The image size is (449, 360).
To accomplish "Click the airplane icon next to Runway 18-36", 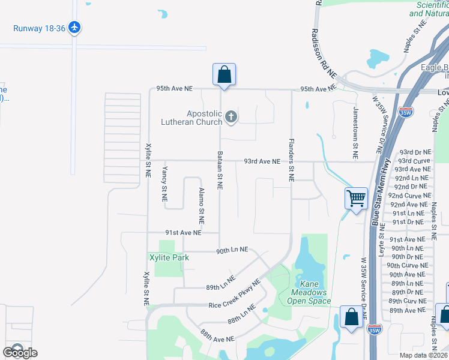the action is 74,28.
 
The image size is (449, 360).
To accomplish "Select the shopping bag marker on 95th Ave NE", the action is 224,75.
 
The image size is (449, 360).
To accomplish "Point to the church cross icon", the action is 231,118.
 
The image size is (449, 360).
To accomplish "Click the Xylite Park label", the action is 169,257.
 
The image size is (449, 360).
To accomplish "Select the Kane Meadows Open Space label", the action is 307,296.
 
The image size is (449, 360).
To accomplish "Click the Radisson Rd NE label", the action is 324,53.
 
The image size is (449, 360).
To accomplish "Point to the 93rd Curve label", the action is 414,161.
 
